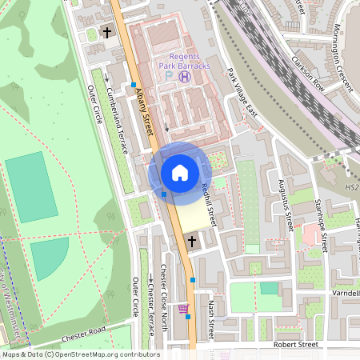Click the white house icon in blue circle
pos(180,173)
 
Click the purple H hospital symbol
pos(186,77)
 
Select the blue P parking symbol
pos(170,77)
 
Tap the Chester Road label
pos(83,330)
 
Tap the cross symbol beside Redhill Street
pos(191,240)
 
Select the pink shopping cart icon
pos(183,307)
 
